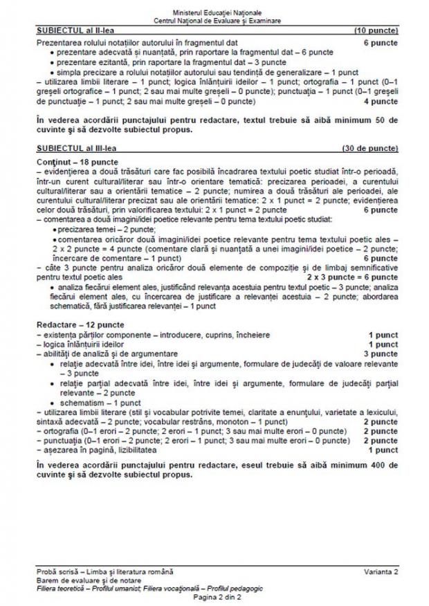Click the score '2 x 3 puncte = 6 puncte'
coord(353,276)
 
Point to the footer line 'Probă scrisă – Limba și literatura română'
coord(105,571)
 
